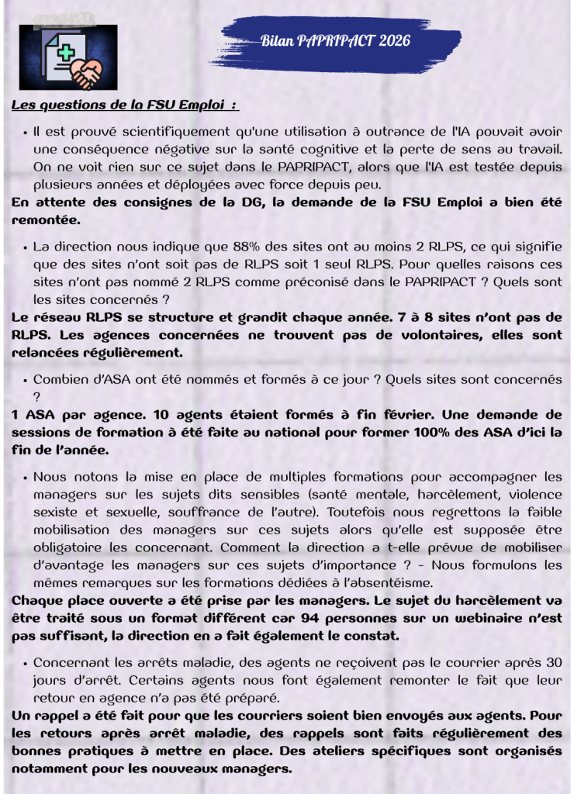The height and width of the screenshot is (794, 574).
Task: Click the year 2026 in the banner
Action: click(x=395, y=40)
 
